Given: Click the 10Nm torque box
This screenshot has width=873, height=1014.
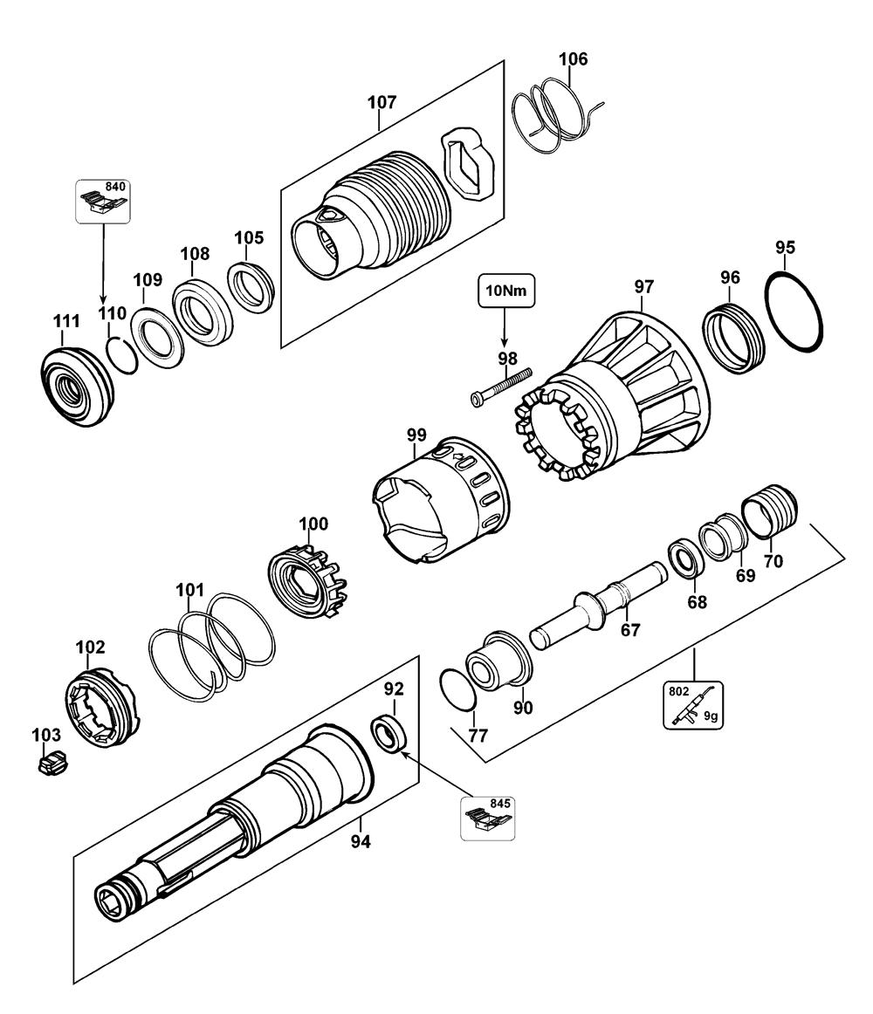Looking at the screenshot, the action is pyautogui.click(x=506, y=291).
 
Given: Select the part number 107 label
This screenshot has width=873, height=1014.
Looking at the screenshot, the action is pyautogui.click(x=382, y=102).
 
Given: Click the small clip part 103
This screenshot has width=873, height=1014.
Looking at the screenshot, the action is pyautogui.click(x=52, y=763).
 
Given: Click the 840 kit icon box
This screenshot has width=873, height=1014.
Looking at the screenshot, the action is pyautogui.click(x=103, y=201).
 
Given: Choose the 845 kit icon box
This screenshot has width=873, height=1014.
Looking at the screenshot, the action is pyautogui.click(x=487, y=818).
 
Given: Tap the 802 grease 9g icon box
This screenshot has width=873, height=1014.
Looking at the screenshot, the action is pyautogui.click(x=692, y=705).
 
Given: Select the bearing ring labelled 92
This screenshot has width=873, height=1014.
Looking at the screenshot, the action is pyautogui.click(x=388, y=733).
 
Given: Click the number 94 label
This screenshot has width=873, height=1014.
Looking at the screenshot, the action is pyautogui.click(x=361, y=841).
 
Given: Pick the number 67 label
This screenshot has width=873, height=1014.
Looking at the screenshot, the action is pyautogui.click(x=630, y=629).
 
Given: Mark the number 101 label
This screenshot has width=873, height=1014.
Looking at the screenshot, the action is pyautogui.click(x=189, y=590).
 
